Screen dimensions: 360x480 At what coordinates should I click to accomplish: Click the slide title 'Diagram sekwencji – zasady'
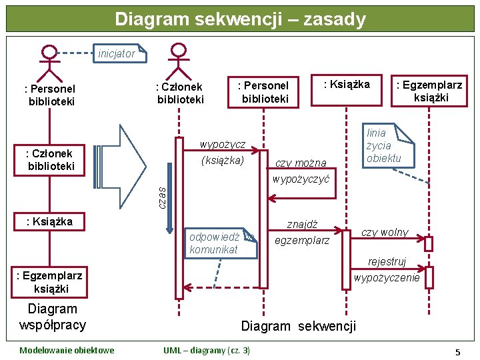(x=240, y=19)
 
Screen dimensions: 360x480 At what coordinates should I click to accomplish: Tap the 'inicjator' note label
(x=117, y=53)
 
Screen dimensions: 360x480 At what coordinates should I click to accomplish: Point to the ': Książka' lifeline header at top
(x=346, y=84)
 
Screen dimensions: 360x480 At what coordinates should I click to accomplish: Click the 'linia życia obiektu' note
(x=386, y=145)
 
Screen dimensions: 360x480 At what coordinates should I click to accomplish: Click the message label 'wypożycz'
(x=223, y=145)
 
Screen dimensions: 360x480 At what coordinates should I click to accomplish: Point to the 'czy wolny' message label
(x=385, y=233)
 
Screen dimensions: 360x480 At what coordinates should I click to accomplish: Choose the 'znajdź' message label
(x=302, y=224)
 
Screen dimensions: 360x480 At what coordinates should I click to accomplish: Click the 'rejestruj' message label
(x=387, y=262)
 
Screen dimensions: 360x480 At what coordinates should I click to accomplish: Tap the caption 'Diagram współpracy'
(x=53, y=317)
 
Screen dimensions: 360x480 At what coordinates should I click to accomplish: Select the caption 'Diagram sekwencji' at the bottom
(x=298, y=326)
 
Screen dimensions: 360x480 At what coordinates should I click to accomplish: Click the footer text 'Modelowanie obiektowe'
(x=67, y=350)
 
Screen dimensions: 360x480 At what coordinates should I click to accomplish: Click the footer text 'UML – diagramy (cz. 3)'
(x=207, y=350)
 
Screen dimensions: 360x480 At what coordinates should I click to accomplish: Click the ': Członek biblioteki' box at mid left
(x=49, y=160)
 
